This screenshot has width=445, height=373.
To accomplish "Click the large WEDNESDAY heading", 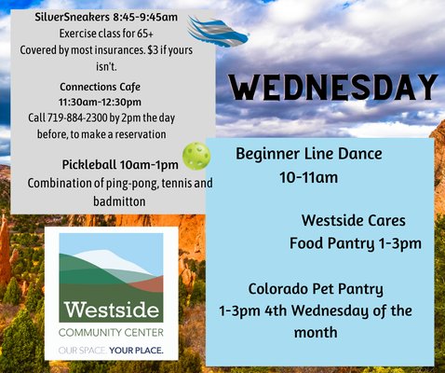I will click(x=333, y=89).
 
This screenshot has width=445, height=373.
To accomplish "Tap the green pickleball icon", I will click(x=196, y=155).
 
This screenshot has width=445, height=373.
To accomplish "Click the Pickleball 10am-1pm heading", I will click(x=114, y=165).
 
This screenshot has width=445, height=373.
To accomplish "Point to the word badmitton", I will click(x=119, y=200).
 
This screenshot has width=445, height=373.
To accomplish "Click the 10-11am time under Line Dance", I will click(x=308, y=176).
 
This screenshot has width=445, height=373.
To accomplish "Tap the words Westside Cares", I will click(x=353, y=221).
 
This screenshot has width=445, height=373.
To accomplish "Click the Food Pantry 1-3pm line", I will click(x=355, y=244).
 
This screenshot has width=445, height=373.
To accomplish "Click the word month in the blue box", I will click(x=316, y=332).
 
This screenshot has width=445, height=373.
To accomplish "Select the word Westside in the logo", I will click(x=109, y=310).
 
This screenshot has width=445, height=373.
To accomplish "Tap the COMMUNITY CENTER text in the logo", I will click(x=110, y=333).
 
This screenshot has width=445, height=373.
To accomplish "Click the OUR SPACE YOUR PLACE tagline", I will click(x=110, y=351).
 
